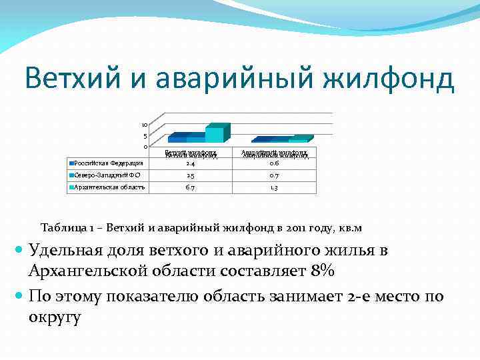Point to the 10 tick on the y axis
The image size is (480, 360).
[x=144, y=125]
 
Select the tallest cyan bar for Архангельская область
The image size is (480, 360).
[x=215, y=134]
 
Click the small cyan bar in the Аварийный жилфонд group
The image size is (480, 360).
[x=298, y=140]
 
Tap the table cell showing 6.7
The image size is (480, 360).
[x=191, y=188]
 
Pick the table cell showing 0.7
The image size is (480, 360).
[x=274, y=175]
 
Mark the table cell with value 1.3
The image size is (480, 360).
[x=274, y=188]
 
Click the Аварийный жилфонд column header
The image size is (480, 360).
[x=274, y=154]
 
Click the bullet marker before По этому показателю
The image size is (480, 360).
[x=19, y=294]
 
